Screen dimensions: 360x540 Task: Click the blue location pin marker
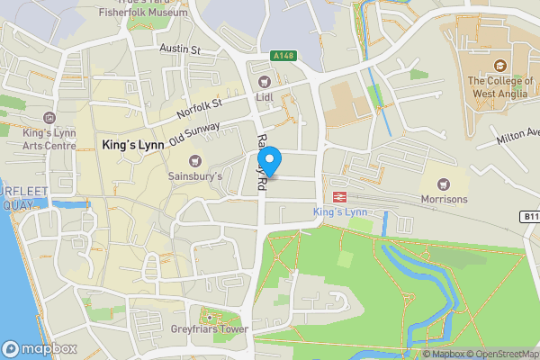[271, 162]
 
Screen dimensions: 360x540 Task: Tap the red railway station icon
[340, 196]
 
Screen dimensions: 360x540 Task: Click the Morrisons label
[444, 199]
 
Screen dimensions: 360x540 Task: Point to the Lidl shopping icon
[265, 83]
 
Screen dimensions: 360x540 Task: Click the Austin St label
[179, 49]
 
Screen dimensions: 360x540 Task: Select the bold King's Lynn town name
[131, 144]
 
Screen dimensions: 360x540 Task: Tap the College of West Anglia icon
[499, 65]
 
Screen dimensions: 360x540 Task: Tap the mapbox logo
[38, 348]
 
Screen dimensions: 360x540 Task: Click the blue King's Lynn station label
[341, 211]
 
